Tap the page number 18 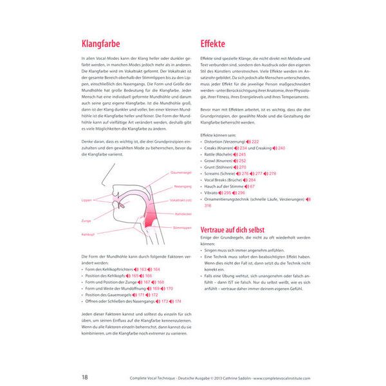[x=85, y=376]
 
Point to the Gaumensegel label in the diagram [x=181, y=172]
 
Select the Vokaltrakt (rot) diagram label [x=181, y=201]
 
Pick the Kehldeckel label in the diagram [x=183, y=214]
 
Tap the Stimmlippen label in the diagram [x=182, y=227]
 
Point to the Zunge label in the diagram [x=86, y=220]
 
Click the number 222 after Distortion [x=255, y=142]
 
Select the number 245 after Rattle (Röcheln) [x=243, y=154]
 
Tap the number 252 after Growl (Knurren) [x=242, y=161]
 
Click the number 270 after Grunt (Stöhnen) [x=243, y=167]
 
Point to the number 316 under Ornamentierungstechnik [x=208, y=206]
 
